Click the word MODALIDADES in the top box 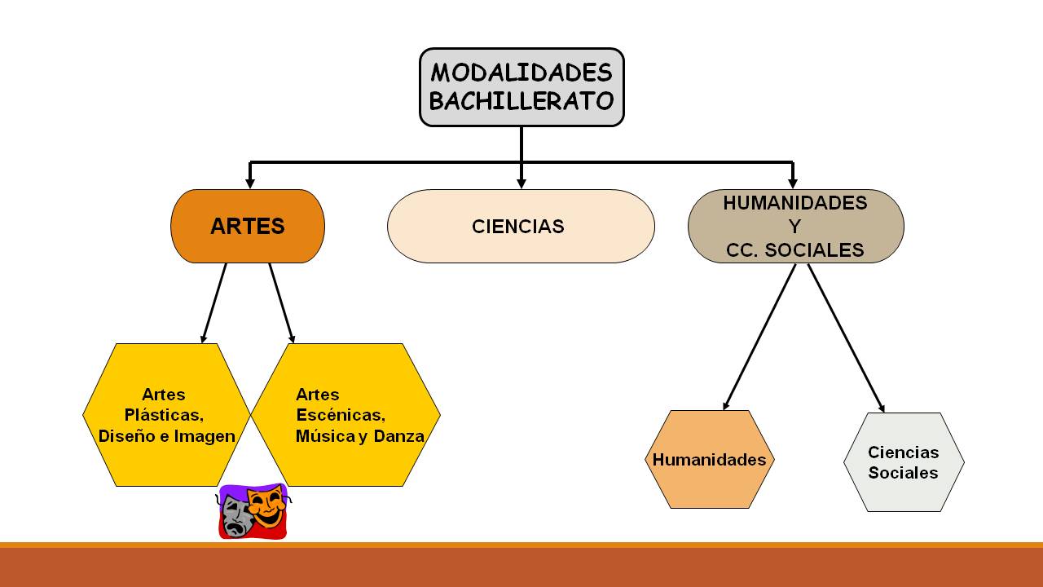521,73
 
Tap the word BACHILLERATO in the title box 521,101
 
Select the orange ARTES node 248,226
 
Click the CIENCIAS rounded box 520,226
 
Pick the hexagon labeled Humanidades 709,460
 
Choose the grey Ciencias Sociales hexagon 903,462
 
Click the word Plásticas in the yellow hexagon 164,415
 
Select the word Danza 399,436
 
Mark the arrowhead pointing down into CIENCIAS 521,183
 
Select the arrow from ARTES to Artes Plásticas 214,302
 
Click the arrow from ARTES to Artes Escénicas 281,302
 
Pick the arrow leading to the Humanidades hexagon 759,336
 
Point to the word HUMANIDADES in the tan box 794,203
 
